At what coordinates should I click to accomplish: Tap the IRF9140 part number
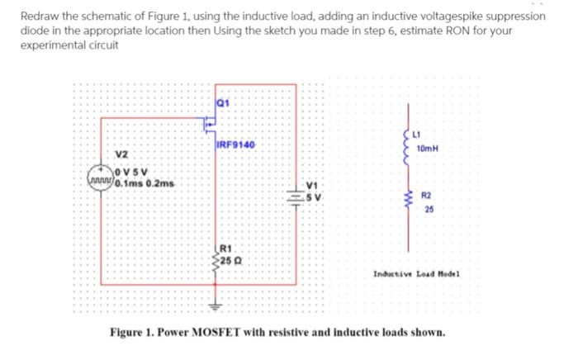pos(235,145)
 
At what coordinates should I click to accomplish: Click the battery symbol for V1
pos(296,196)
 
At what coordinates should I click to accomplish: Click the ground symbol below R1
pos(217,303)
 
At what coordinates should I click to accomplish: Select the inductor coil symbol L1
pos(405,144)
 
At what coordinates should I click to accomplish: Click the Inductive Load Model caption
pos(417,272)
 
